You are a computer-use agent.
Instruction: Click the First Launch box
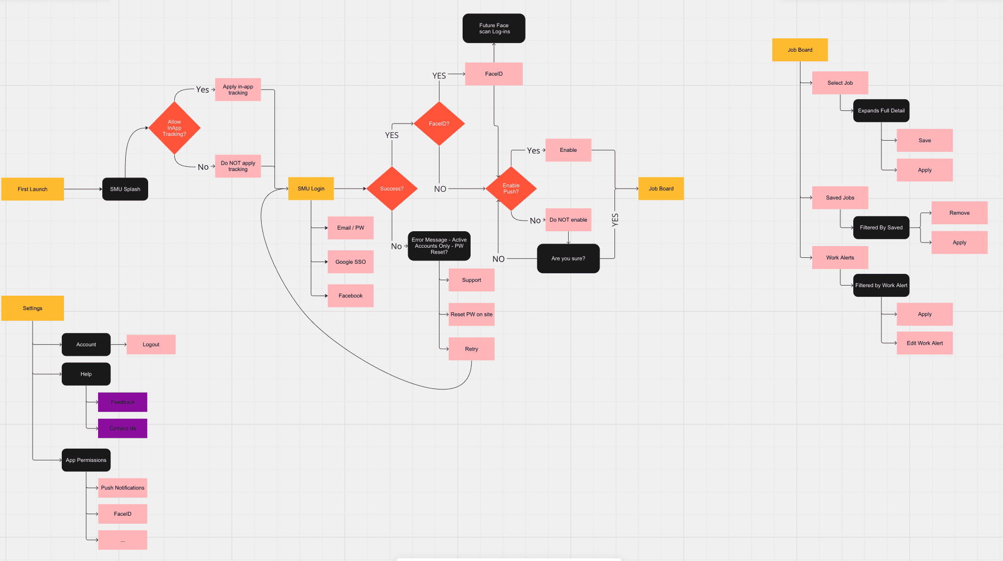click(33, 189)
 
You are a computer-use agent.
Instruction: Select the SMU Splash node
click(125, 189)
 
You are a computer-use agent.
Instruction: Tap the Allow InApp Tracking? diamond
click(174, 128)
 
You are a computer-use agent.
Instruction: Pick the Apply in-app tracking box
click(238, 90)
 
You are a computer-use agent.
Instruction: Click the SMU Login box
click(311, 189)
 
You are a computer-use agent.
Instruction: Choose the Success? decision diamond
click(392, 189)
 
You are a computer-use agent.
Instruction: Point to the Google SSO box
click(350, 262)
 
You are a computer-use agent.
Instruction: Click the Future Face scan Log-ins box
click(494, 28)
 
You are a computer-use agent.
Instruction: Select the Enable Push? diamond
click(511, 189)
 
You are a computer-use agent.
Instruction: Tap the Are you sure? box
click(568, 258)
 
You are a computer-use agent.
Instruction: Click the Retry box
click(471, 349)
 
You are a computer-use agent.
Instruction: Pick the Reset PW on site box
click(471, 314)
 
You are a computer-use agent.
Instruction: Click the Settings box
click(33, 308)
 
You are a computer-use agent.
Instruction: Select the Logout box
click(151, 345)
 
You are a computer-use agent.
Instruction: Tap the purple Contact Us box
click(123, 428)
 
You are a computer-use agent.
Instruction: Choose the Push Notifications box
click(123, 487)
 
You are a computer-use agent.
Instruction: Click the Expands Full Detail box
click(881, 111)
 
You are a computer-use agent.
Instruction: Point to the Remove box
click(959, 213)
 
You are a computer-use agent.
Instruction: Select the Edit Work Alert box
click(925, 343)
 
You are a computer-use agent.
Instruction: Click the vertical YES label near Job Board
click(615, 220)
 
